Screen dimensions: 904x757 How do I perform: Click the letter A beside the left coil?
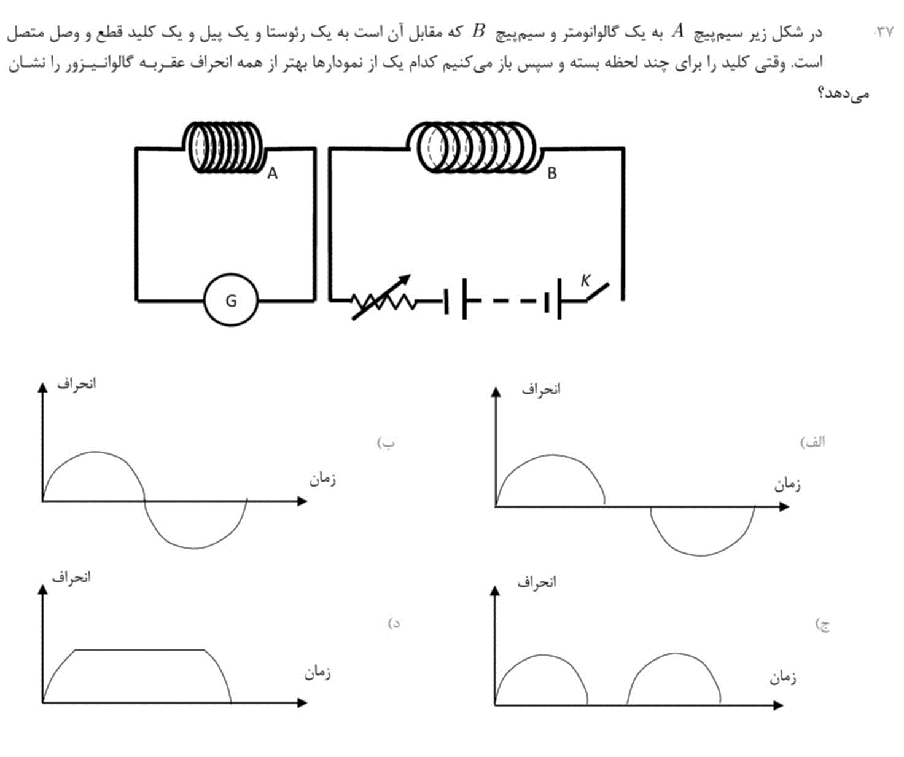272,173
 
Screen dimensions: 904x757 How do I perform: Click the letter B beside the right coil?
551,173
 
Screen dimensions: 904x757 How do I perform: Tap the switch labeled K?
598,292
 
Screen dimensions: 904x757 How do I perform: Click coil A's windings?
223,147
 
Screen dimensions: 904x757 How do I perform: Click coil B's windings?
474,147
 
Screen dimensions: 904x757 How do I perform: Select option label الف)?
812,442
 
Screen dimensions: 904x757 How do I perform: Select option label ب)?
386,443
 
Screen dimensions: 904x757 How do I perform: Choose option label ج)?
822,626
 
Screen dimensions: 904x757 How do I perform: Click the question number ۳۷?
883,32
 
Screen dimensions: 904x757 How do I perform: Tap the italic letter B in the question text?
478,31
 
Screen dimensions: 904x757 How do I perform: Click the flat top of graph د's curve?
140,650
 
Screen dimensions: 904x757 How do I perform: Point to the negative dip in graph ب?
195,548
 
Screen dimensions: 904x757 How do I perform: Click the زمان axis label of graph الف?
787,485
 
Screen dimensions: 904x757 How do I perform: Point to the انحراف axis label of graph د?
71,578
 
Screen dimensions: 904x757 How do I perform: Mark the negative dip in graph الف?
701,555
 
